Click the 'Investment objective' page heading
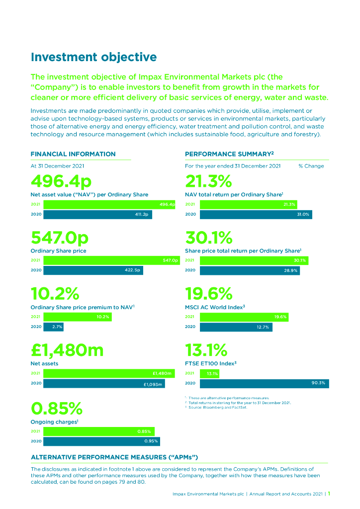click(x=93, y=57)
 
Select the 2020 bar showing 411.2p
click(x=97, y=215)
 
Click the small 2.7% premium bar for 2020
click(x=53, y=327)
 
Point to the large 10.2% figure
click(x=55, y=294)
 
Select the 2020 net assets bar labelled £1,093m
click(x=104, y=384)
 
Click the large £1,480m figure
click(x=67, y=350)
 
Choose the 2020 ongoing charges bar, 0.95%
click(x=101, y=441)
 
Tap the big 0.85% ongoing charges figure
click(x=56, y=408)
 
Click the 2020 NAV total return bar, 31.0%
click(x=256, y=215)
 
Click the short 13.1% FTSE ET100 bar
click(x=209, y=373)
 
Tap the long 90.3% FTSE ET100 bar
click(x=264, y=383)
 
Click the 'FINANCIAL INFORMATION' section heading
click(x=73, y=154)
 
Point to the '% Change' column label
click(x=311, y=166)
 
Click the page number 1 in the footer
click(x=329, y=494)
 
